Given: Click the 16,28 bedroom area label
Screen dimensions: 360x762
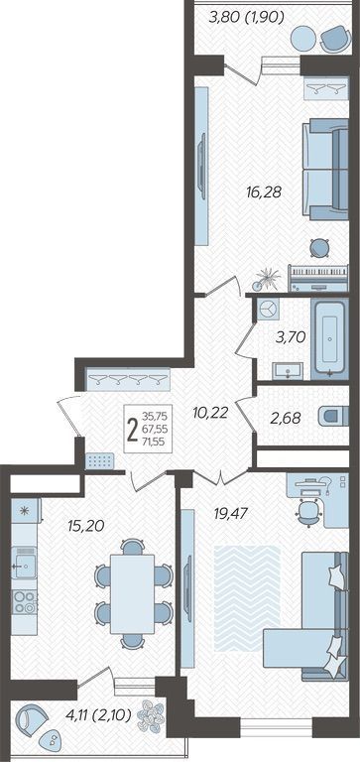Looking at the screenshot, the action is pyautogui.click(x=264, y=192).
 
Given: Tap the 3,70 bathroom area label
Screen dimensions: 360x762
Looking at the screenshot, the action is pyautogui.click(x=291, y=336).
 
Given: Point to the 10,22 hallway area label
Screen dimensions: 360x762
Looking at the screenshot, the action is pyautogui.click(x=210, y=414).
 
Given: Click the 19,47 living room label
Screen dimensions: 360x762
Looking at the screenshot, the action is pyautogui.click(x=231, y=513).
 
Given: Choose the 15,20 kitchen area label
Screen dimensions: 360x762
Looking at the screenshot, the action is pyautogui.click(x=87, y=526).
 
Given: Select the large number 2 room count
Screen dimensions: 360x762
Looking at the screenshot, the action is pyautogui.click(x=132, y=430).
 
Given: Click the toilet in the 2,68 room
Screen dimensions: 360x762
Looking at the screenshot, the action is pyautogui.click(x=334, y=417).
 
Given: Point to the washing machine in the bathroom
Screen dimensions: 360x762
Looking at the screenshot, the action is pyautogui.click(x=267, y=310).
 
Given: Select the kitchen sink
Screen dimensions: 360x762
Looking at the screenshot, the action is pyautogui.click(x=24, y=564).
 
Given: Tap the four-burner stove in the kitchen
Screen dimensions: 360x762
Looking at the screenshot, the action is pyautogui.click(x=24, y=601).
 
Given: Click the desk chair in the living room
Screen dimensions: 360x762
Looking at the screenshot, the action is pyautogui.click(x=309, y=511).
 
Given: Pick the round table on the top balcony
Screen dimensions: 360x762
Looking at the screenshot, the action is pyautogui.click(x=303, y=38).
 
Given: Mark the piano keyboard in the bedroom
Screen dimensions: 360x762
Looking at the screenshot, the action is pyautogui.click(x=318, y=278).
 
